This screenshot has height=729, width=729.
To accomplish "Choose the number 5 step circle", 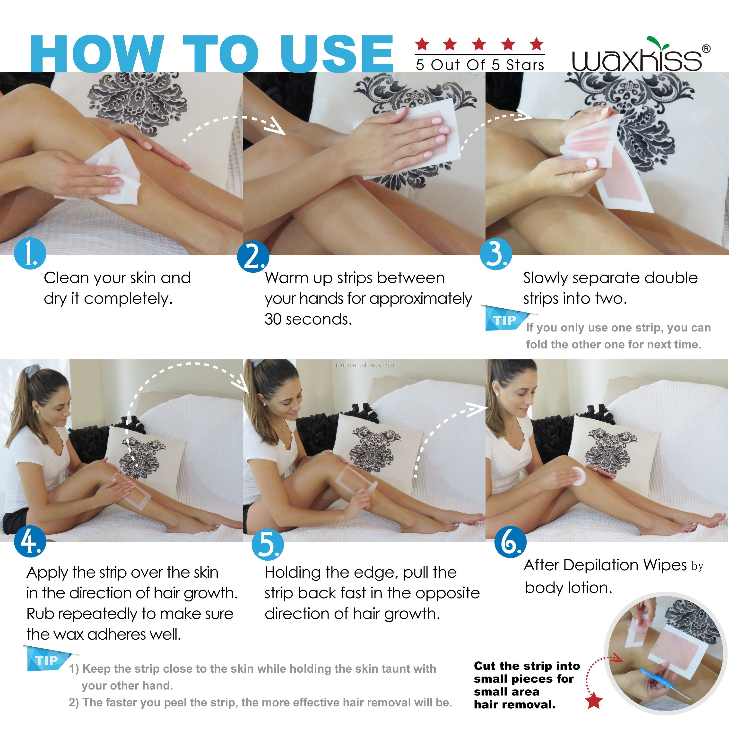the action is click(x=268, y=545).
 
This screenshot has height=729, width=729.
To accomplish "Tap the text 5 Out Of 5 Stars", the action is click(x=480, y=65).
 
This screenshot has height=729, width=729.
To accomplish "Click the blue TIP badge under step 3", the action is click(x=506, y=319).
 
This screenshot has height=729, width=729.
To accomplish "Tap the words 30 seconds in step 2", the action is click(x=308, y=319).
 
